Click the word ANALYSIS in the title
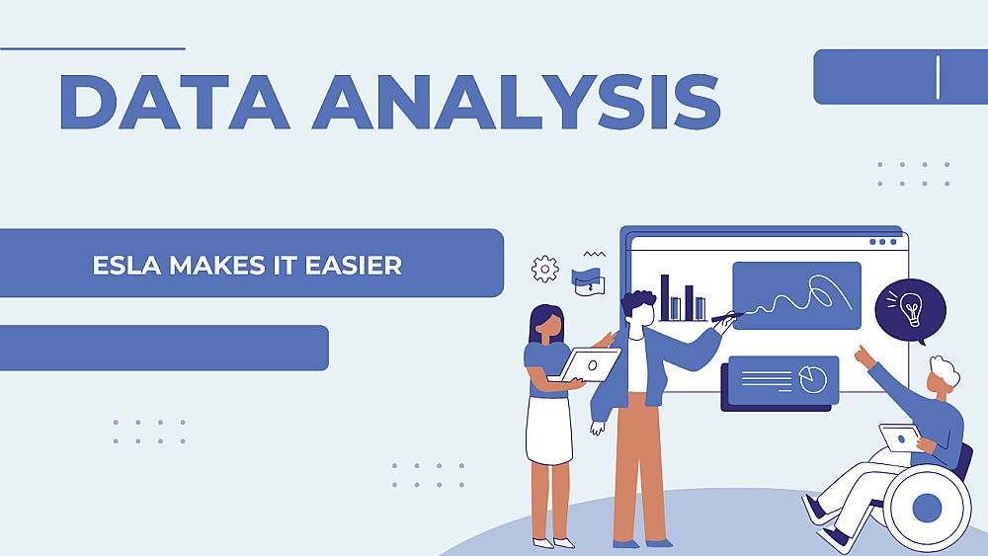(517, 102)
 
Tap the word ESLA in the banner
(126, 265)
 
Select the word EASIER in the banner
(354, 265)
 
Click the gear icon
(545, 270)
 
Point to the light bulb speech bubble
(911, 311)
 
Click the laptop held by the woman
(587, 365)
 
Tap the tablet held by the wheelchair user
(900, 437)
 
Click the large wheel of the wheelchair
(927, 507)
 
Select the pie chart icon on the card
(813, 378)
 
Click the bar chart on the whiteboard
(683, 298)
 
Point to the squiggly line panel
(796, 295)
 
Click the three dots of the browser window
(882, 242)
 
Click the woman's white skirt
(548, 430)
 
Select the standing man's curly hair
(637, 301)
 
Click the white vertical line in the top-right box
(938, 77)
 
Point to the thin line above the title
(93, 48)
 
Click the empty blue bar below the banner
(164, 348)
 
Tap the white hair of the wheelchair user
(946, 372)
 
